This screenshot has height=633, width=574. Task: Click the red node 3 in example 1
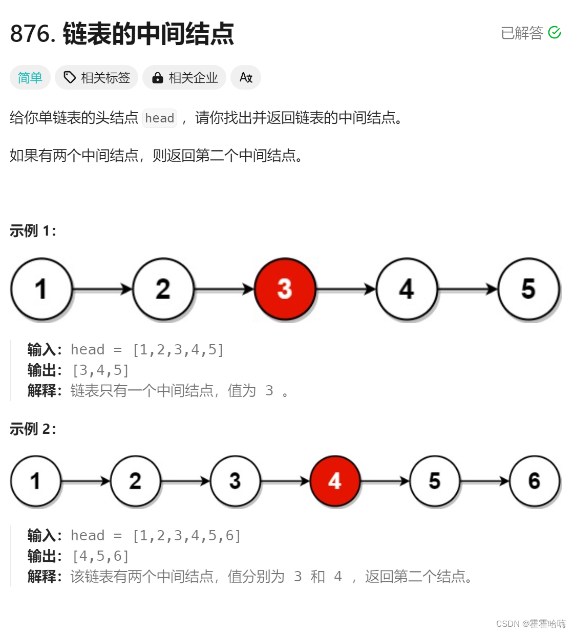pyautogui.click(x=285, y=289)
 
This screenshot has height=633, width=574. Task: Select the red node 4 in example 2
pyautogui.click(x=335, y=481)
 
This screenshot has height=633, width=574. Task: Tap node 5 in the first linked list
pyautogui.click(x=528, y=289)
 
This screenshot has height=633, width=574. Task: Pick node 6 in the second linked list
pyautogui.click(x=534, y=481)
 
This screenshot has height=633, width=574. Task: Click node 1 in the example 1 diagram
pyautogui.click(x=41, y=289)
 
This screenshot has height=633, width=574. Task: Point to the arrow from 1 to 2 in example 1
pyautogui.click(x=102, y=289)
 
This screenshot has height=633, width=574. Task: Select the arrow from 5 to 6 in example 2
pyautogui.click(x=484, y=481)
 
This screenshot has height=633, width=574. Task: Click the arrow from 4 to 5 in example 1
pyautogui.click(x=467, y=289)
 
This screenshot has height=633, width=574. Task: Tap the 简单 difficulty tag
pyautogui.click(x=30, y=77)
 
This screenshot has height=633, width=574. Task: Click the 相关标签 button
pyautogui.click(x=96, y=77)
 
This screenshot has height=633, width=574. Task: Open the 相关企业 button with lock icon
pyautogui.click(x=184, y=77)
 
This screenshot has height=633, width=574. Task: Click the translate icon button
pyautogui.click(x=246, y=77)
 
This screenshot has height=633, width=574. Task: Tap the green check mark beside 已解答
pyautogui.click(x=555, y=33)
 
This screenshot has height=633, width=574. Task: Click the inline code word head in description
pyautogui.click(x=159, y=118)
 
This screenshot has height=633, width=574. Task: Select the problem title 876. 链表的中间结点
pyautogui.click(x=122, y=34)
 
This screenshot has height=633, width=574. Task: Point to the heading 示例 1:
pyautogui.click(x=33, y=231)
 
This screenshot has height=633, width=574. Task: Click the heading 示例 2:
pyautogui.click(x=33, y=429)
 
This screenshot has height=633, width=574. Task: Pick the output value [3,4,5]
pyautogui.click(x=100, y=370)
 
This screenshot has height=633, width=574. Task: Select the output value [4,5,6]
pyautogui.click(x=100, y=556)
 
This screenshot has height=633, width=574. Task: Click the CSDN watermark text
pyautogui.click(x=530, y=623)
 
